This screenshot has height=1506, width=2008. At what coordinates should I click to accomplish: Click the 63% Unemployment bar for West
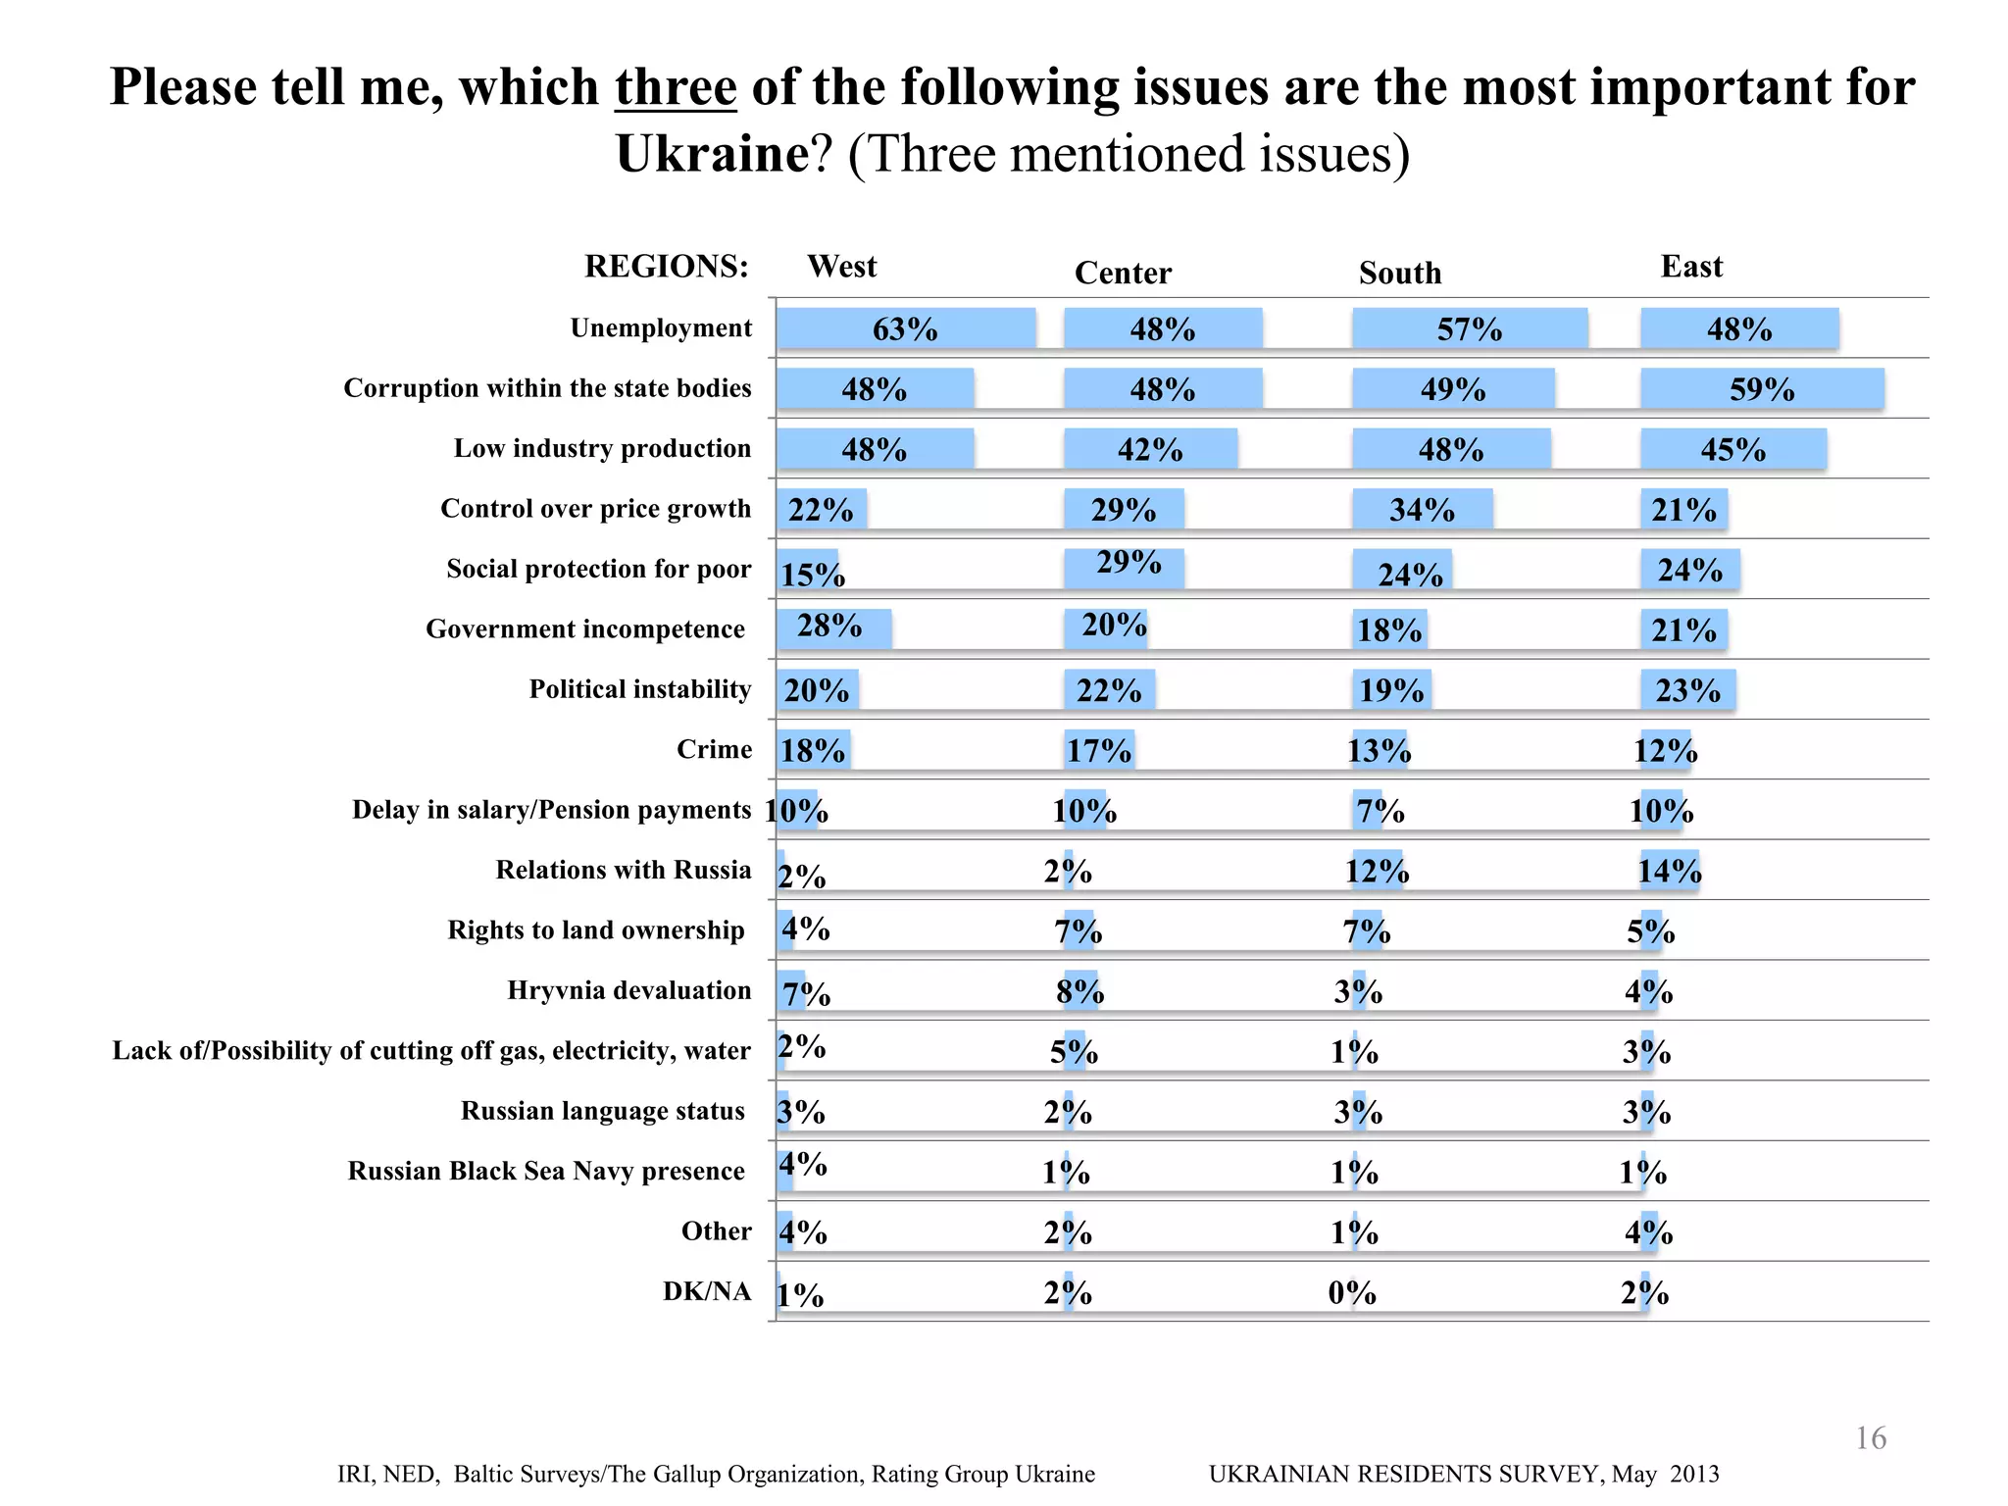[906, 329]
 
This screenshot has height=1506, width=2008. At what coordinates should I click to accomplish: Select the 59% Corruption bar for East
[1761, 389]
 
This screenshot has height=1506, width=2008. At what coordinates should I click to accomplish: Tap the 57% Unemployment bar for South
[1469, 329]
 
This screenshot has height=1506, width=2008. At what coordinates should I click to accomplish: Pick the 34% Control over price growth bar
[1422, 510]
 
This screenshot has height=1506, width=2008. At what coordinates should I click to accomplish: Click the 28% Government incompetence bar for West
[833, 627]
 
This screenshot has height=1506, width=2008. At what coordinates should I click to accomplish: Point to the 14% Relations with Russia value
[1670, 871]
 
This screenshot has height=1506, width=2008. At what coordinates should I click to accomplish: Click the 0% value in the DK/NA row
[1352, 1293]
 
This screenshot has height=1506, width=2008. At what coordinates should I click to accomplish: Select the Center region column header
[1123, 273]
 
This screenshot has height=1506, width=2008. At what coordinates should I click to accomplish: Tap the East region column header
[1691, 267]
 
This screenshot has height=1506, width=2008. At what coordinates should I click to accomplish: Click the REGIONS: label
[667, 267]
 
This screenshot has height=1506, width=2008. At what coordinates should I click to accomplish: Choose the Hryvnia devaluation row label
[629, 990]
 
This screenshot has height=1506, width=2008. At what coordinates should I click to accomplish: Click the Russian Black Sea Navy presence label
[546, 1171]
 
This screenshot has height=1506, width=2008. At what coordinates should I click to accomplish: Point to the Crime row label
[714, 749]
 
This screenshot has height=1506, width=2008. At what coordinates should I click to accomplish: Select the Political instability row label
[640, 689]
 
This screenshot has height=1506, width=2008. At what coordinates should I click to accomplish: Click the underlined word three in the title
[676, 87]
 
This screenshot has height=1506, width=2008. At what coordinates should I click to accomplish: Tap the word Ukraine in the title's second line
[712, 154]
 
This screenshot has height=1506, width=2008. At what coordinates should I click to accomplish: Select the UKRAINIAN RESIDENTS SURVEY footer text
[1464, 1474]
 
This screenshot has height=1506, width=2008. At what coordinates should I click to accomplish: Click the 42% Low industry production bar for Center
[1150, 450]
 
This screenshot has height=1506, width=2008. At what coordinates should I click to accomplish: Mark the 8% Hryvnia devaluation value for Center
[1079, 992]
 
